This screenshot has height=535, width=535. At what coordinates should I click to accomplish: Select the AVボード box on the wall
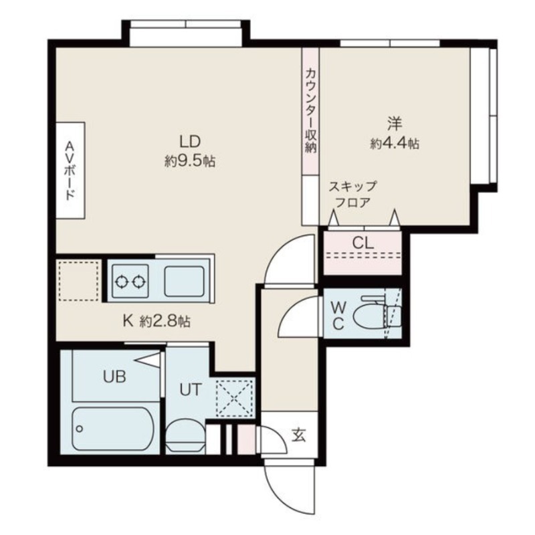click(x=70, y=170)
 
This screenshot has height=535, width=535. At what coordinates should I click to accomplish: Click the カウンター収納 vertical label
click(x=310, y=111)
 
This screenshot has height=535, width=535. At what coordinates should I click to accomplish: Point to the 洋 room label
click(x=395, y=124)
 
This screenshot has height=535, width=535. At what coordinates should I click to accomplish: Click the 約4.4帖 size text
click(x=395, y=143)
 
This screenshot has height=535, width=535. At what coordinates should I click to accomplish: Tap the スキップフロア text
click(x=352, y=194)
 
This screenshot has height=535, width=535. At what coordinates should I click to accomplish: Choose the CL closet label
click(x=362, y=243)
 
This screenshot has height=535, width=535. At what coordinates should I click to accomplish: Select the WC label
click(x=338, y=315)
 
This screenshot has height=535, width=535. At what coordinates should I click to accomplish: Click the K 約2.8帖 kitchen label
click(x=156, y=321)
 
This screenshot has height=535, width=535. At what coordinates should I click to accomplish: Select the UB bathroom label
click(x=114, y=376)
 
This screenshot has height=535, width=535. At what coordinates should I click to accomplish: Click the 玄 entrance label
click(x=298, y=436)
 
